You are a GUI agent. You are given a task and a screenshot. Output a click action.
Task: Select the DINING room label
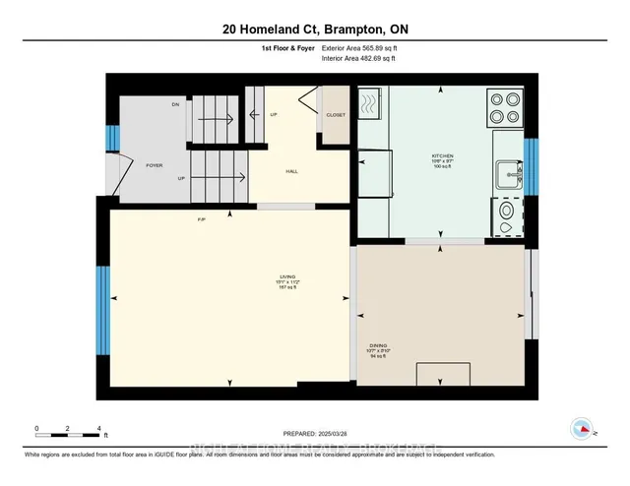[378, 345]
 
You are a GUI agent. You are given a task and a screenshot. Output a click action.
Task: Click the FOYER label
[154, 165]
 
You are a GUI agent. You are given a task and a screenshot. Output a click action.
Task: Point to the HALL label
[291, 171]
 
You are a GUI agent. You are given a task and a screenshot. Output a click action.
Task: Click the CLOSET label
[336, 115]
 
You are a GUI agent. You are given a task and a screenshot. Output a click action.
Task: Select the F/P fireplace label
[201, 218]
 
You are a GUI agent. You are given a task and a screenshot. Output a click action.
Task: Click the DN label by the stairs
[175, 103]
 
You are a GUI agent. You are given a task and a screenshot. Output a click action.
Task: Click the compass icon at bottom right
[582, 429]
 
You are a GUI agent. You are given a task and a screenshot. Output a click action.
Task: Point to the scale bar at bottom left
[69, 430]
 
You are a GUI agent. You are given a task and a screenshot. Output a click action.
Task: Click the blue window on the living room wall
[102, 311]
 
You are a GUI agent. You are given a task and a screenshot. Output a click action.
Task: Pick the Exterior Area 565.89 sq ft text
[365, 47]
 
